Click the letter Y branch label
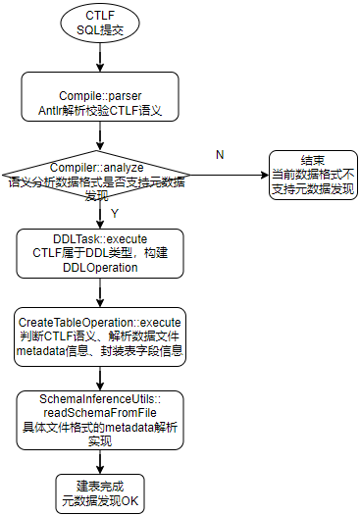click(115, 212)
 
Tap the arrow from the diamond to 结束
click(230, 175)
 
